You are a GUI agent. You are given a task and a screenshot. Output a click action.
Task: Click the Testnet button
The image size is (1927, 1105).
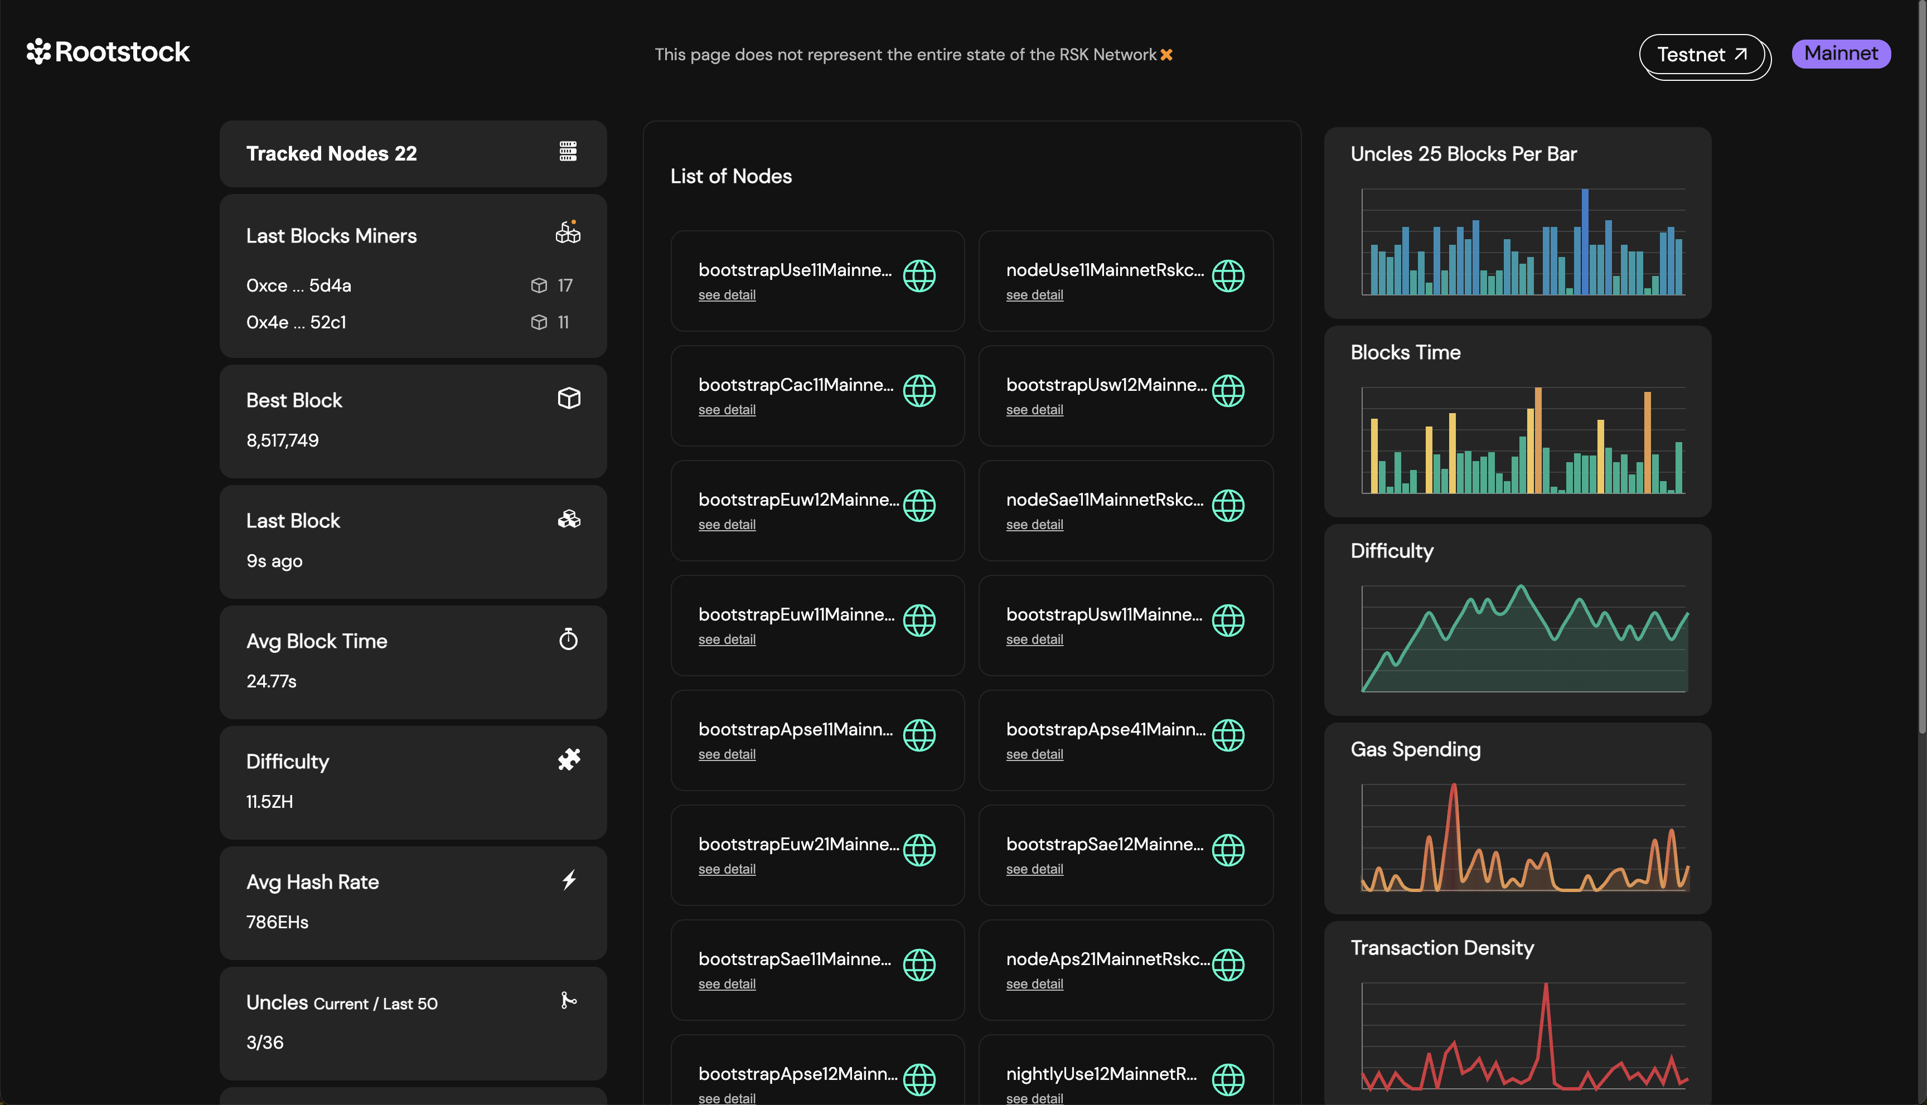1702,55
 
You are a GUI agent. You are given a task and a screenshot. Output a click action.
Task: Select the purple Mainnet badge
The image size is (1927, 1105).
1841,54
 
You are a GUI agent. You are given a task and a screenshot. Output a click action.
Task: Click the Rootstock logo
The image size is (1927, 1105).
109,52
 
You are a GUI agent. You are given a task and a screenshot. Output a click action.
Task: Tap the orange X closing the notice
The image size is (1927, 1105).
1166,55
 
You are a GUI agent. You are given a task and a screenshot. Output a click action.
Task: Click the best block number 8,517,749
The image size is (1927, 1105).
282,440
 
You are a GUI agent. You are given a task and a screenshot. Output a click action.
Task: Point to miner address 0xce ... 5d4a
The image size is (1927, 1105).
298,285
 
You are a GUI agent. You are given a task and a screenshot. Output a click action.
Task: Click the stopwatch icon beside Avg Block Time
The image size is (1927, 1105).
569,640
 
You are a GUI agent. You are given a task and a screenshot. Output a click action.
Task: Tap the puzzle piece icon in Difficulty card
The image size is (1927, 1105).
569,760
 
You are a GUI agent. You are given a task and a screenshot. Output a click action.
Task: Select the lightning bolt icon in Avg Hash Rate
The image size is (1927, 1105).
569,880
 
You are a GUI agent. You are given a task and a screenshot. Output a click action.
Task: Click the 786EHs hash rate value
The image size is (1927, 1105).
277,922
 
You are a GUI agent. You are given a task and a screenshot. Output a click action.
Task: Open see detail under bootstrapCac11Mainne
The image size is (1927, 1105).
727,410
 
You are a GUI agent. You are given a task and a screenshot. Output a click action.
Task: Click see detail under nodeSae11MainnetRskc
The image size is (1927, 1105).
1034,525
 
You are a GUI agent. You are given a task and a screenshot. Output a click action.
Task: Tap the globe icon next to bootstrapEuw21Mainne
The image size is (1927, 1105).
919,850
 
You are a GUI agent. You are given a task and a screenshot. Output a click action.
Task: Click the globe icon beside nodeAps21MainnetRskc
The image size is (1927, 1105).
1227,965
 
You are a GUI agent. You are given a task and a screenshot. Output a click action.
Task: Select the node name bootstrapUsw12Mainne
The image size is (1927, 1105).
1105,385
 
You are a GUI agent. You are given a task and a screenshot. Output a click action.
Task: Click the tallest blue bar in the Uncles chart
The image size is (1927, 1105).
1585,241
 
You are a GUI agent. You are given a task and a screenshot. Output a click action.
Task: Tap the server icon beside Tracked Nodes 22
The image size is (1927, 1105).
568,152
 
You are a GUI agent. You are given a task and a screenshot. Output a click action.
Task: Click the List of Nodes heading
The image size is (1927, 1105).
731,176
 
